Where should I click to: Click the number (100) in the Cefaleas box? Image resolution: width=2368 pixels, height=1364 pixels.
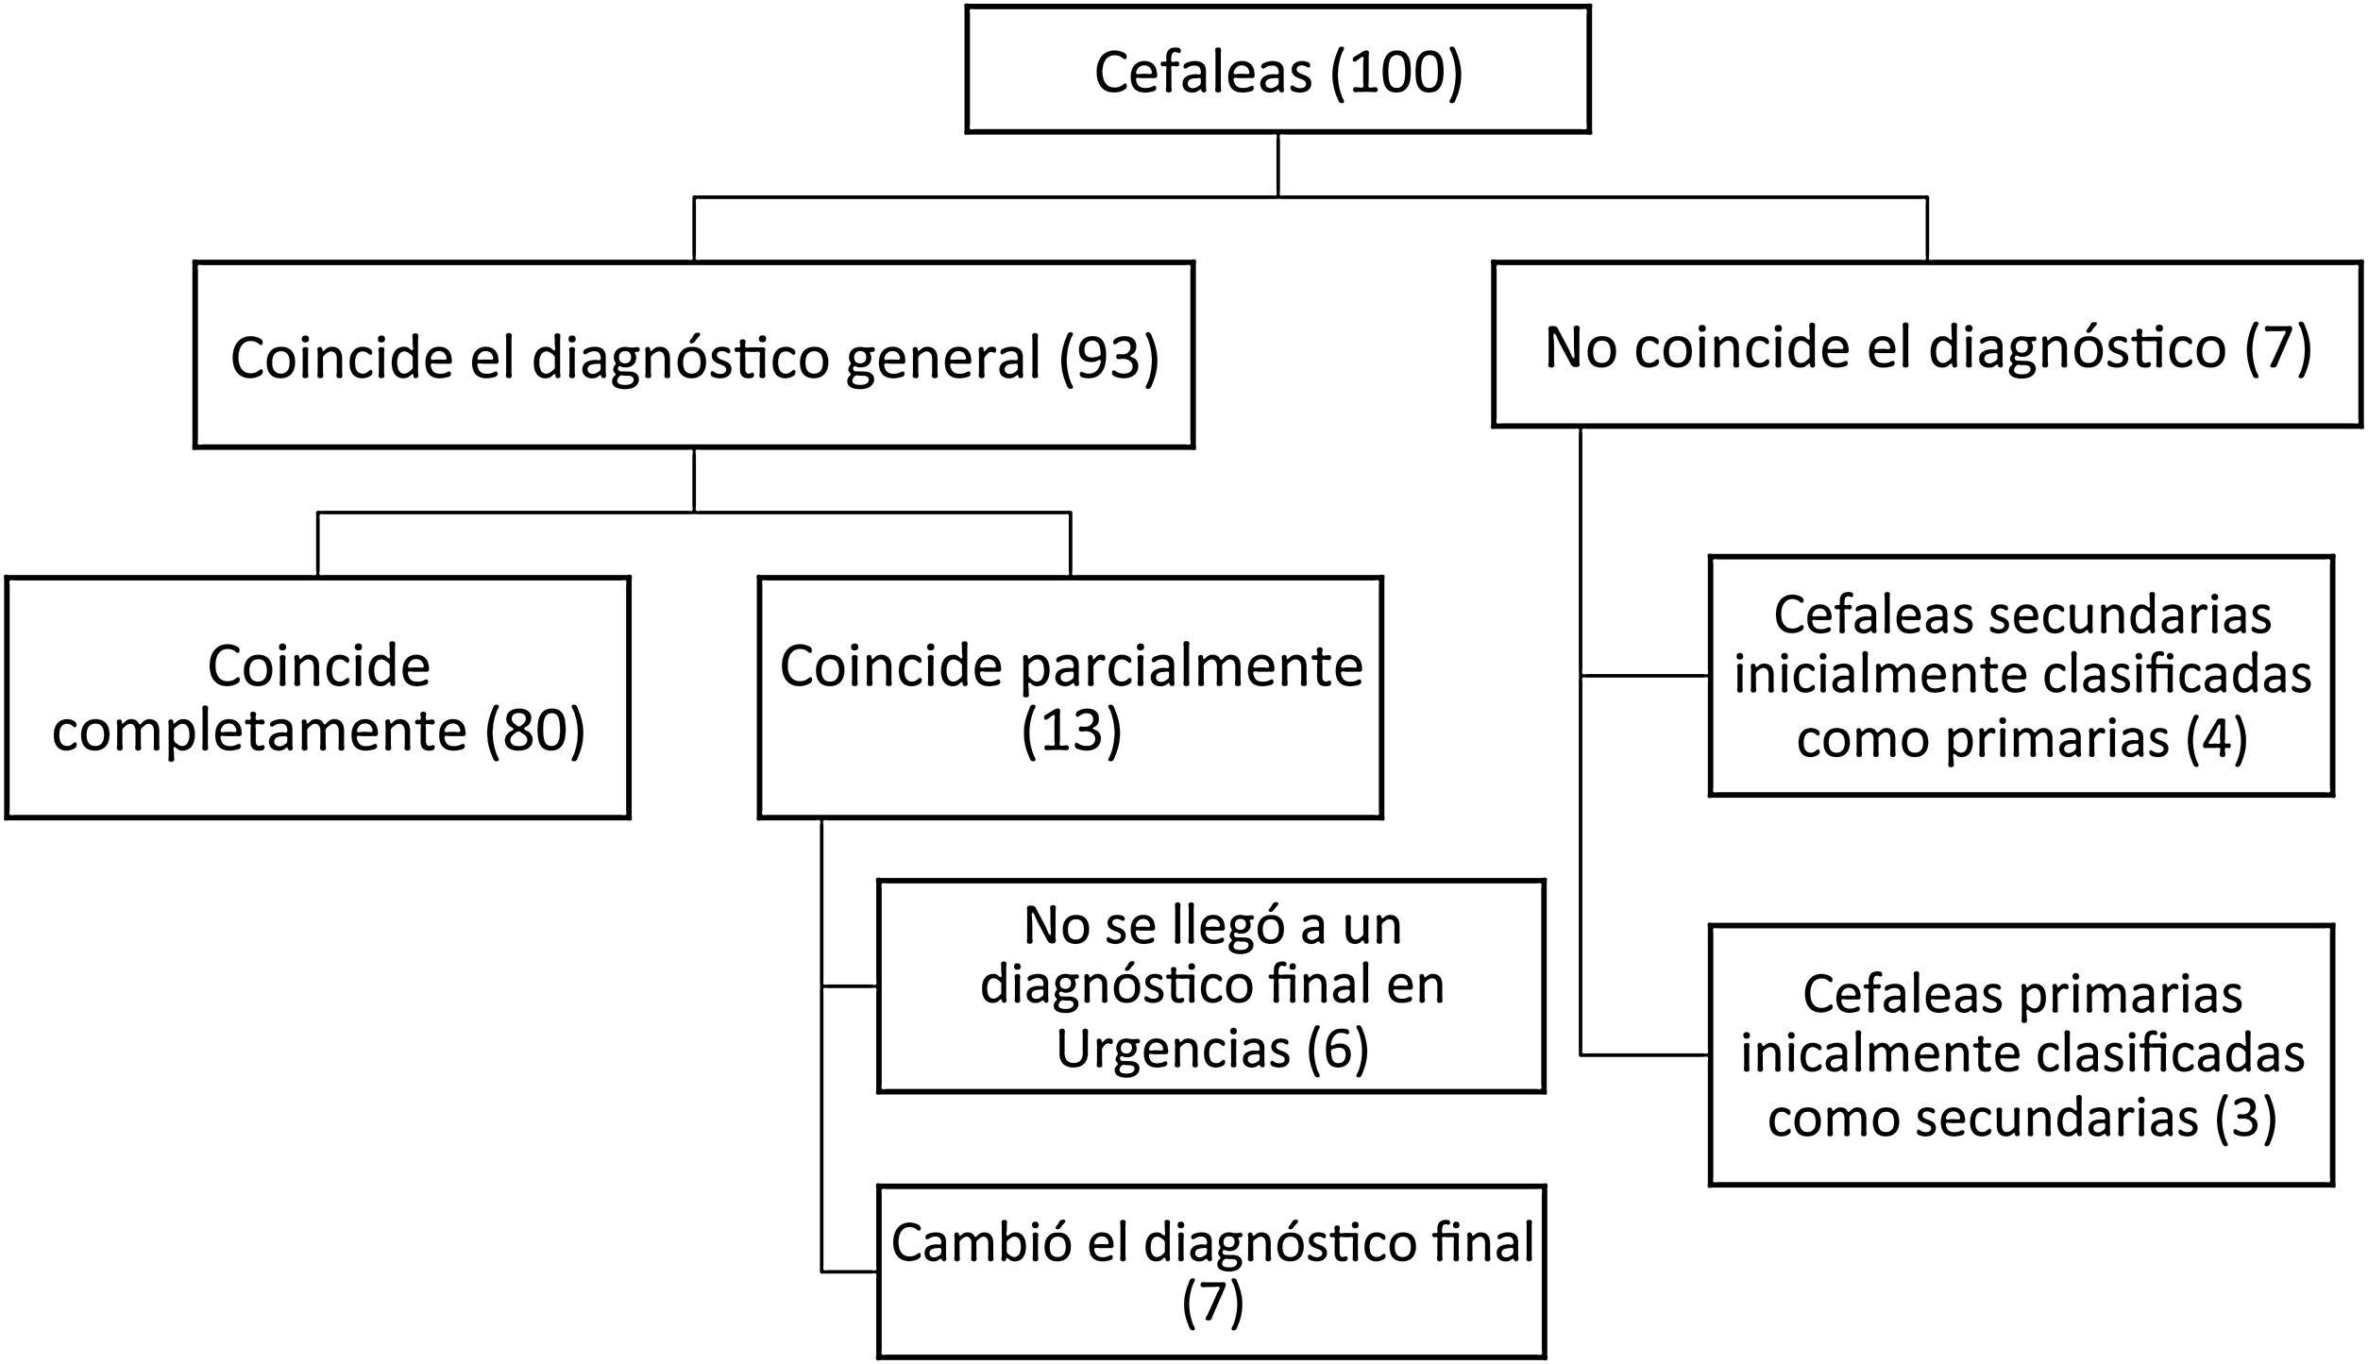coord(1395,73)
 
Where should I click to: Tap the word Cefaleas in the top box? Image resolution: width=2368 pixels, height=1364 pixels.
coord(1203,73)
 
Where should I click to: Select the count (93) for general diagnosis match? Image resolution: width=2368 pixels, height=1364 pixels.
coord(1108,358)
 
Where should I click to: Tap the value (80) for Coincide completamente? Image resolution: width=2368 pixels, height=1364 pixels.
coord(535,730)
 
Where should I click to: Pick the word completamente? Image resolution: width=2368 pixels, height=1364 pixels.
coord(260,730)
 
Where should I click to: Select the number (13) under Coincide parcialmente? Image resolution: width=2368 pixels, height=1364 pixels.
coord(1071,730)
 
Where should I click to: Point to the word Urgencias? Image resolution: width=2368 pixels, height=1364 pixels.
coord(1173,1048)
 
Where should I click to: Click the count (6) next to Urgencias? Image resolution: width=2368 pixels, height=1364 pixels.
coord(1337,1048)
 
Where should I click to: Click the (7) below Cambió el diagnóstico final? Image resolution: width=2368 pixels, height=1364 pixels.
coord(1212,1303)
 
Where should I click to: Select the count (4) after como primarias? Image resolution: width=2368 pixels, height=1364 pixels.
coord(2216,737)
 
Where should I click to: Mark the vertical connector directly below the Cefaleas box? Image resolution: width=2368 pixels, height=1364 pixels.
coord(1277,164)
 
